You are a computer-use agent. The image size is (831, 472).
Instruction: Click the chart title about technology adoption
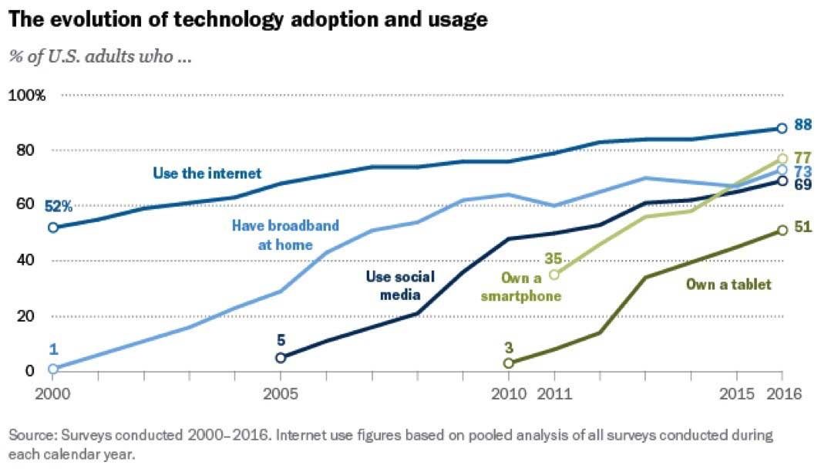(248, 20)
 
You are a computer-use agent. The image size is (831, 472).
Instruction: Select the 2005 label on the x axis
(281, 393)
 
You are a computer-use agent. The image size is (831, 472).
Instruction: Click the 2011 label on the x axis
(553, 393)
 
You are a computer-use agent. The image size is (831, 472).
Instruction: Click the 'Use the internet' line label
(207, 173)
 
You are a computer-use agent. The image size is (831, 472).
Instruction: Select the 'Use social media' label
(400, 285)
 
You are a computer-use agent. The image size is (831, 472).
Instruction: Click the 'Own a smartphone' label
(531, 286)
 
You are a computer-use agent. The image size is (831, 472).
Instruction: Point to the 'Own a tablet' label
(728, 285)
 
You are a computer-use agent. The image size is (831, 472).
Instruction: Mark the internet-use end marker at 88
(782, 128)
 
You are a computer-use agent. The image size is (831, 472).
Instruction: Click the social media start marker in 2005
(281, 357)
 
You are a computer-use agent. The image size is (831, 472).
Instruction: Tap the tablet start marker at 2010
(508, 362)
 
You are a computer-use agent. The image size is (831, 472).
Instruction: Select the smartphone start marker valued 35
(553, 274)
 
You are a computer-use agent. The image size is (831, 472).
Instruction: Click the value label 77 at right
(802, 157)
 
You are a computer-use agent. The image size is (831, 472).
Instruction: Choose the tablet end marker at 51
(782, 230)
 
